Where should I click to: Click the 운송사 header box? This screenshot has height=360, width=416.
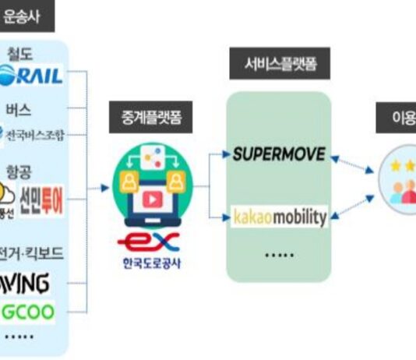pyautogui.click(x=25, y=16)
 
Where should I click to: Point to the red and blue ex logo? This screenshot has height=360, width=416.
pyautogui.click(x=153, y=239)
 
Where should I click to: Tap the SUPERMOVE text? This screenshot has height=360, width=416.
pyautogui.click(x=278, y=154)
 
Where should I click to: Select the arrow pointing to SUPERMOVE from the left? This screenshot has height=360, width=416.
pyautogui.click(x=223, y=155)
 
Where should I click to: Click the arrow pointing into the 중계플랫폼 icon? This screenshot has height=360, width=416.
pyautogui.click(x=105, y=188)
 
